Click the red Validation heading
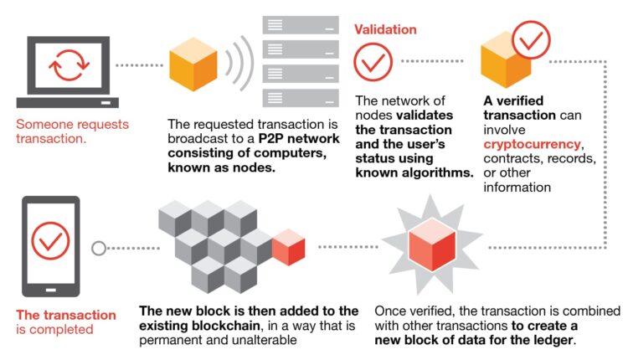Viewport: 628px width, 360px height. click(x=385, y=29)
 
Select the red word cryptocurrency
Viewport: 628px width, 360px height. click(x=532, y=144)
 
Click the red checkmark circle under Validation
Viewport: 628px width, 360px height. click(x=373, y=62)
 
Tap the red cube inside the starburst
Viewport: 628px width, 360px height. click(x=430, y=248)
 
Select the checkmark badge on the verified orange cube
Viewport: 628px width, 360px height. click(x=531, y=35)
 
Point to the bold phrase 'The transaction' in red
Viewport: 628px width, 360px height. click(x=67, y=315)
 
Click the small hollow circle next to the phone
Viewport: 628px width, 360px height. click(x=99, y=248)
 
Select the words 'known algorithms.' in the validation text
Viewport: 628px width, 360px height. click(x=414, y=172)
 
